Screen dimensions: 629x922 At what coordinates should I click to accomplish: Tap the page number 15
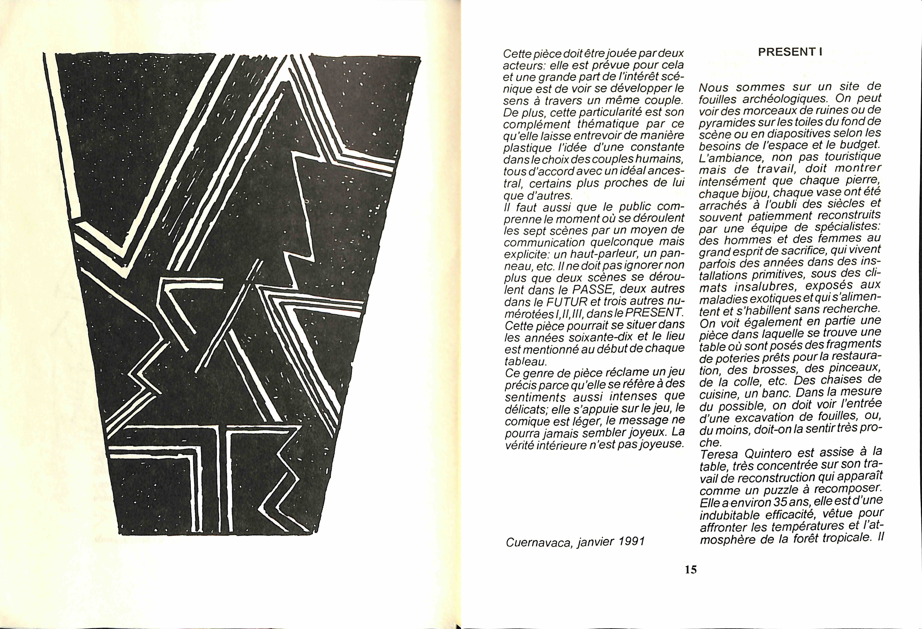(691, 569)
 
